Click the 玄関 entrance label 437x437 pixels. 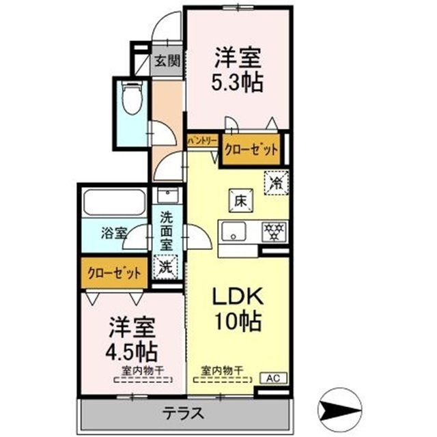[166, 61]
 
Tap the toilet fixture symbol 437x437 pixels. [130, 100]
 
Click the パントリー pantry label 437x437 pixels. [202, 139]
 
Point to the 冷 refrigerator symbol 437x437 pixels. [277, 183]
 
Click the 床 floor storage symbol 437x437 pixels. [240, 201]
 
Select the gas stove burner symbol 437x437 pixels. [275, 231]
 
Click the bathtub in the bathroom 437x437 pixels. [114, 203]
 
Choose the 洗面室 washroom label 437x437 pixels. [167, 231]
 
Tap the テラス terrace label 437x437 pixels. [183, 413]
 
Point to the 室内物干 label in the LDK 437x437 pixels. [222, 371]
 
